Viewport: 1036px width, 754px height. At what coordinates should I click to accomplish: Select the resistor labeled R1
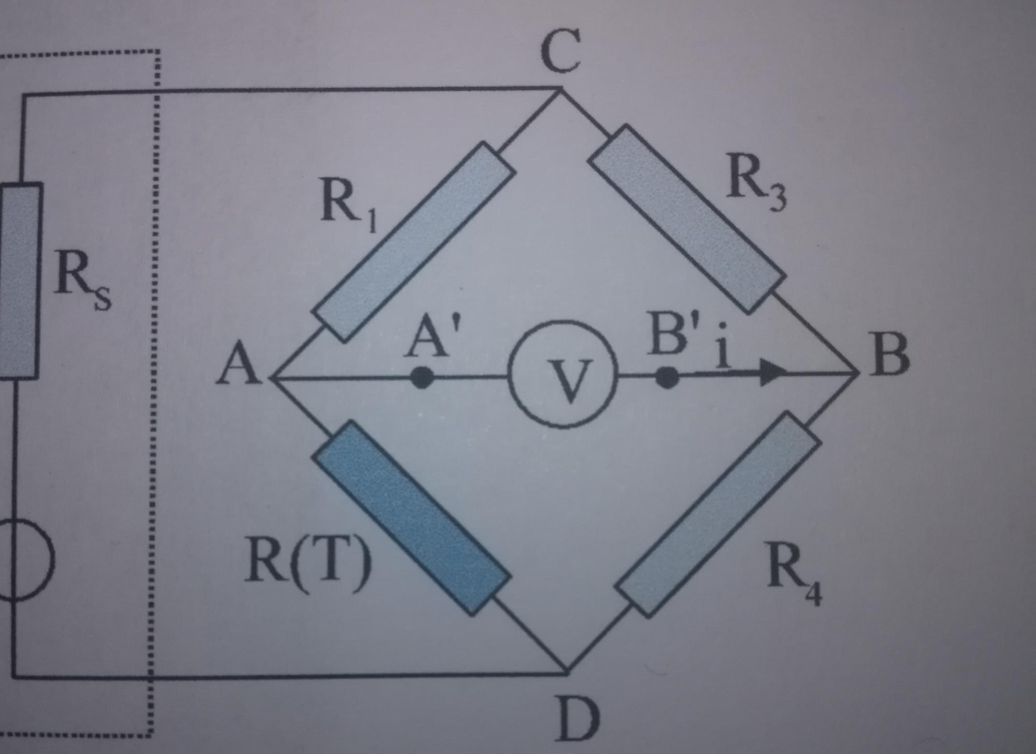click(x=413, y=242)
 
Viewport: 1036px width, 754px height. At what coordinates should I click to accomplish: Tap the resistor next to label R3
click(x=686, y=219)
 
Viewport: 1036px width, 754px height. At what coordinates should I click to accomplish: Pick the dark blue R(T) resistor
click(x=412, y=518)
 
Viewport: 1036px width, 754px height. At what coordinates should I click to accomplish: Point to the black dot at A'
click(x=422, y=377)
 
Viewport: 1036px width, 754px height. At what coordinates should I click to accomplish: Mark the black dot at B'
click(x=667, y=377)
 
